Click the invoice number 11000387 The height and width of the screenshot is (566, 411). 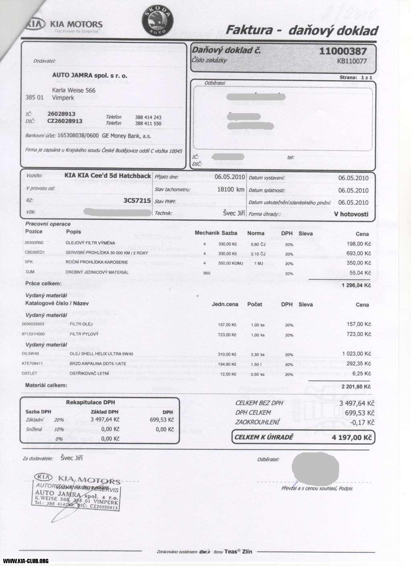click(343, 51)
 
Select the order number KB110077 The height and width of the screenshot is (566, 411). click(352, 61)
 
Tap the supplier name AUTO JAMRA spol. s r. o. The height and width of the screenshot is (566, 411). click(90, 75)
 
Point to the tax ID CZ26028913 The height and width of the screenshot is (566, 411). click(65, 121)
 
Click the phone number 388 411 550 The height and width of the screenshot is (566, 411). click(148, 124)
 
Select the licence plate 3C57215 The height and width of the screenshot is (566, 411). click(137, 200)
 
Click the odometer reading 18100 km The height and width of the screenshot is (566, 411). click(230, 189)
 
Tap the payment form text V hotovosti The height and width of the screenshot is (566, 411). click(351, 214)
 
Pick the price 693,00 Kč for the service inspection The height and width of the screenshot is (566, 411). click(358, 253)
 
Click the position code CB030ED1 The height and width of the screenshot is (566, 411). click(35, 252)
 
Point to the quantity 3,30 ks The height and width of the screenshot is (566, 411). click(257, 354)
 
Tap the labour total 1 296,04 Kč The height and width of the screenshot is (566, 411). click(356, 285)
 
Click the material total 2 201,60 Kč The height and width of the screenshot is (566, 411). click(356, 387)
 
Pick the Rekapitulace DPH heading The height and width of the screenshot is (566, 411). click(90, 402)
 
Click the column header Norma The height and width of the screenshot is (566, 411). click(256, 233)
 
